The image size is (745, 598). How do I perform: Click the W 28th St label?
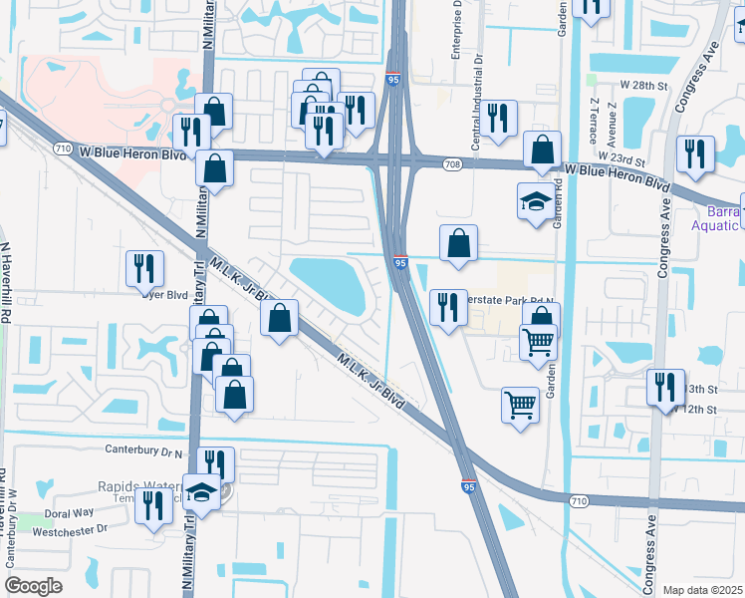point(641,87)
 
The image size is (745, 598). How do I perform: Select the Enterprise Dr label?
point(458,30)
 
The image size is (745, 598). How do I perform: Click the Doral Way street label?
point(69,512)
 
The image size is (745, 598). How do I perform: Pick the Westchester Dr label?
point(71,529)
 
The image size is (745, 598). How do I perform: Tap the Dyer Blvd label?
point(165,294)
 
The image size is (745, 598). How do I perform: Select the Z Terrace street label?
point(594,118)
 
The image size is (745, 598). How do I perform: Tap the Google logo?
point(33,586)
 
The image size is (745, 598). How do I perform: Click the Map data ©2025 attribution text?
point(701,590)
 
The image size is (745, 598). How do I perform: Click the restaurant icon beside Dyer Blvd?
point(144,268)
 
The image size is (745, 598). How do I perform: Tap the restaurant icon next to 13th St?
point(664,387)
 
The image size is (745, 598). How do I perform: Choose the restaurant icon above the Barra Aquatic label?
point(694,152)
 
